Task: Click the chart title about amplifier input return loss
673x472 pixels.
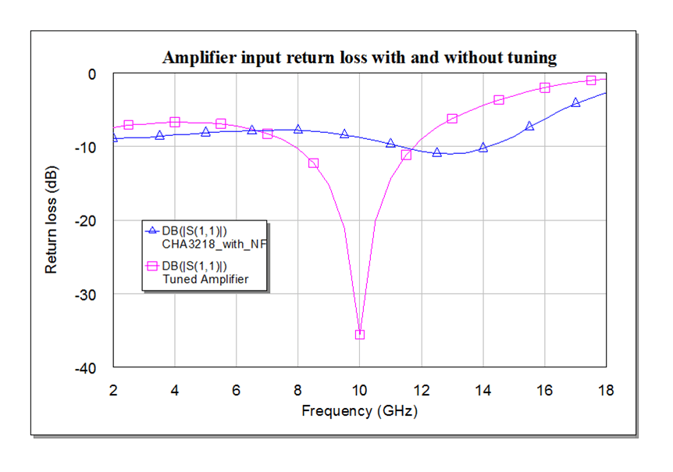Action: [x=358, y=57]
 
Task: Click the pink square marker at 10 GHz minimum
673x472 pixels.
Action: [x=360, y=334]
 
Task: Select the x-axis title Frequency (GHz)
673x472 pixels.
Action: [x=359, y=410]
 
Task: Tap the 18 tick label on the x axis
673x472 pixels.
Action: [x=605, y=389]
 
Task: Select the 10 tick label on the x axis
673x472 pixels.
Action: [x=359, y=389]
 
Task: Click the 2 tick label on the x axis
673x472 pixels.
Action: [x=114, y=389]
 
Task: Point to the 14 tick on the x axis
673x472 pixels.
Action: [x=482, y=389]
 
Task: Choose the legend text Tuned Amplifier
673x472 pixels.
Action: [x=205, y=278]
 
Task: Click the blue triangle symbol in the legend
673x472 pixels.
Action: [x=153, y=231]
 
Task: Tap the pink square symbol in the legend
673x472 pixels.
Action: [x=153, y=266]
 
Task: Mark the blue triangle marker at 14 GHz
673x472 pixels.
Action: [x=482, y=147]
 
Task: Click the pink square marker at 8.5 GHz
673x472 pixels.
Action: [x=313, y=163]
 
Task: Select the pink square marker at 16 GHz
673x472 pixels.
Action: [x=544, y=88]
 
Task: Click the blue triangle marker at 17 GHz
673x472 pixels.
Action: [x=575, y=102]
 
